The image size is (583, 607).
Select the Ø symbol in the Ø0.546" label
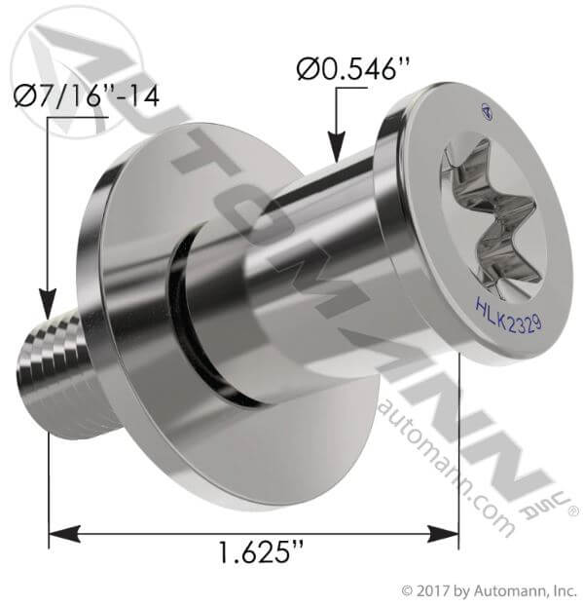coord(305,70)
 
